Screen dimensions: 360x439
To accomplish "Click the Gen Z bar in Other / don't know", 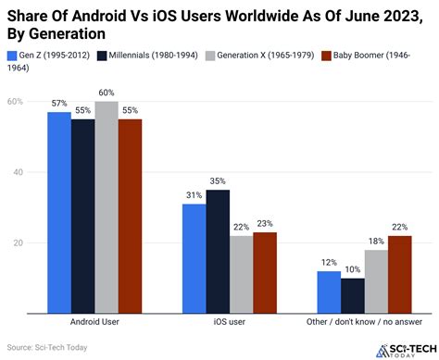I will [x=329, y=292].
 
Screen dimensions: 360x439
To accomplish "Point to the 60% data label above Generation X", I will [x=106, y=93].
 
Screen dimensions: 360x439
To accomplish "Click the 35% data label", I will [x=218, y=182].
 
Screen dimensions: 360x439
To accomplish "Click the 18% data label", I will [x=375, y=242].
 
